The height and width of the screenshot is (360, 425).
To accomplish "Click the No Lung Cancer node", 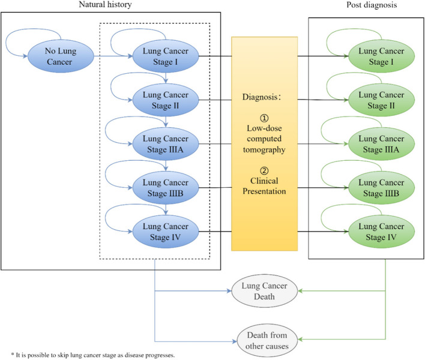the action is [x=61, y=56].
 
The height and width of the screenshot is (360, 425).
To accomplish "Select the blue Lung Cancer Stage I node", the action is [x=166, y=56].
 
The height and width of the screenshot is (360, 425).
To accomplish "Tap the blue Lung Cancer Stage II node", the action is [x=166, y=100].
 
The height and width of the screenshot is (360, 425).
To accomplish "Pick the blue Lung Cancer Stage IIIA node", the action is [x=166, y=144].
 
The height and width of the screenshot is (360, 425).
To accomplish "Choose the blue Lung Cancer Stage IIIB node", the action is [x=166, y=188].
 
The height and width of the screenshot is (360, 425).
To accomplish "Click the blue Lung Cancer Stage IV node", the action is [x=166, y=232].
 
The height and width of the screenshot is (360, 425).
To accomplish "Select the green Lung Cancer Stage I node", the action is [x=381, y=56].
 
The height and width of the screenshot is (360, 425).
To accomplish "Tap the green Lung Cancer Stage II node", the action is [x=381, y=100].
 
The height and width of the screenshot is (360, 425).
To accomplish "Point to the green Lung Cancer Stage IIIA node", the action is [x=381, y=144].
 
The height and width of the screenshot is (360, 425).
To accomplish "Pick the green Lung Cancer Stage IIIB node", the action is [x=381, y=188].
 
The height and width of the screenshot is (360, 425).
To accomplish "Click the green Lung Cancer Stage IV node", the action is [x=381, y=232].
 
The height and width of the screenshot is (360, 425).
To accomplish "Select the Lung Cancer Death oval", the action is [x=264, y=291].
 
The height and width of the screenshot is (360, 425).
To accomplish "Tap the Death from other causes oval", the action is [x=267, y=340].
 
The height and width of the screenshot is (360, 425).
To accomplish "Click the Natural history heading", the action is [x=105, y=5].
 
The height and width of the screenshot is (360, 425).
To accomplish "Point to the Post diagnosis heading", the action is [x=372, y=5].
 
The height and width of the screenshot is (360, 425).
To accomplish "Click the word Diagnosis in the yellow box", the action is [x=260, y=97].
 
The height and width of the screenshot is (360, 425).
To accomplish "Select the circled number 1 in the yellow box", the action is [x=264, y=118].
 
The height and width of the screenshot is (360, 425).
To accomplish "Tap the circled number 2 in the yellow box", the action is [x=264, y=170].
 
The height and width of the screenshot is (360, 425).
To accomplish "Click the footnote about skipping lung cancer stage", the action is [x=93, y=355].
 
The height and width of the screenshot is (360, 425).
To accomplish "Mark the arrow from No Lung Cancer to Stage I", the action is [x=113, y=56].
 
